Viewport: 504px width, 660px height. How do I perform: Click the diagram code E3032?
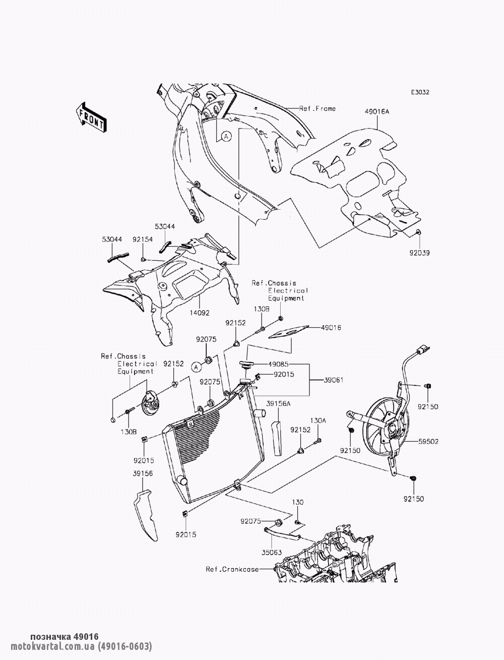coord(420,92)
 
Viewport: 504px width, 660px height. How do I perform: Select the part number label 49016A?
coord(377,112)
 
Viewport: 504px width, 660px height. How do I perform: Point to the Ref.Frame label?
coord(317,108)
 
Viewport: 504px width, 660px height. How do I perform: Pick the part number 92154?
coord(143,240)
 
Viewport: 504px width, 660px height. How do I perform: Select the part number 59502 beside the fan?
coord(428,441)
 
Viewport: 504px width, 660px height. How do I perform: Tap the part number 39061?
coord(333,380)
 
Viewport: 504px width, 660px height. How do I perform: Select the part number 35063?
coord(272,552)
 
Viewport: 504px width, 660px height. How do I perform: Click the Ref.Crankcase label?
coord(232,569)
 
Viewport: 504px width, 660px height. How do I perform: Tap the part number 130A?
coord(318,420)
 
